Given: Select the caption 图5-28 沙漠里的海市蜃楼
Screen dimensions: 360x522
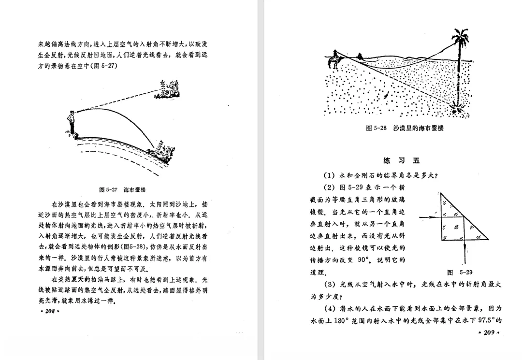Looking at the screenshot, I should click(405, 129).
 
